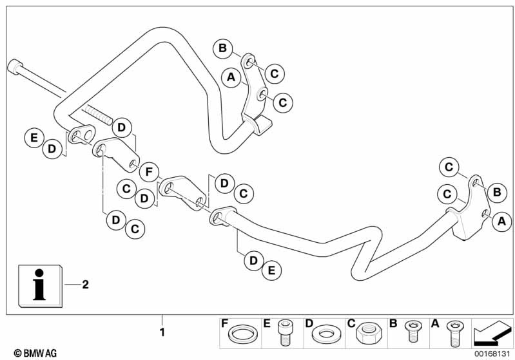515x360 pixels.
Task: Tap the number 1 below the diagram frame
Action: click(x=162, y=333)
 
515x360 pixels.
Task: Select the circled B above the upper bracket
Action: click(x=222, y=48)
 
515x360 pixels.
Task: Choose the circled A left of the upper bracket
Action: click(x=230, y=78)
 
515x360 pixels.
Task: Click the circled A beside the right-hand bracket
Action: click(x=502, y=222)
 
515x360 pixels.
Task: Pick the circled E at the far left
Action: click(x=33, y=137)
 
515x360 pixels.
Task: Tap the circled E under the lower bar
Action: click(x=271, y=271)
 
